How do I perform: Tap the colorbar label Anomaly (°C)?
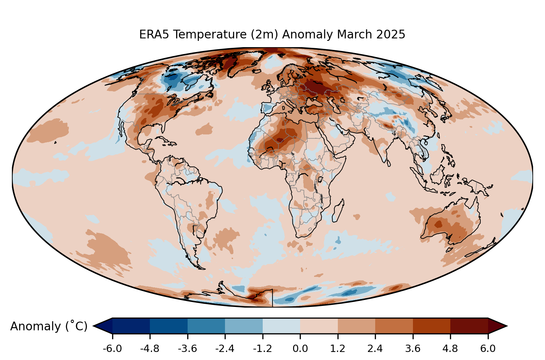coord(49,326)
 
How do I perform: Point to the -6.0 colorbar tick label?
coord(112,349)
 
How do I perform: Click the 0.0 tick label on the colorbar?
coord(300,349)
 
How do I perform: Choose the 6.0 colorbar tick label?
coord(488,349)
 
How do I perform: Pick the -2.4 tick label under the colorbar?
coord(225,349)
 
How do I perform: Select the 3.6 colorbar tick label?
coord(413,349)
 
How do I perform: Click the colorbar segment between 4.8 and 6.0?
coord(469,326)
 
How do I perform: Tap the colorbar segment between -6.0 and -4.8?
coord(131,326)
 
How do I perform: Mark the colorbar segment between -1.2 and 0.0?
coord(281,326)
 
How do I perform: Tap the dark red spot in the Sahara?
coord(280,140)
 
